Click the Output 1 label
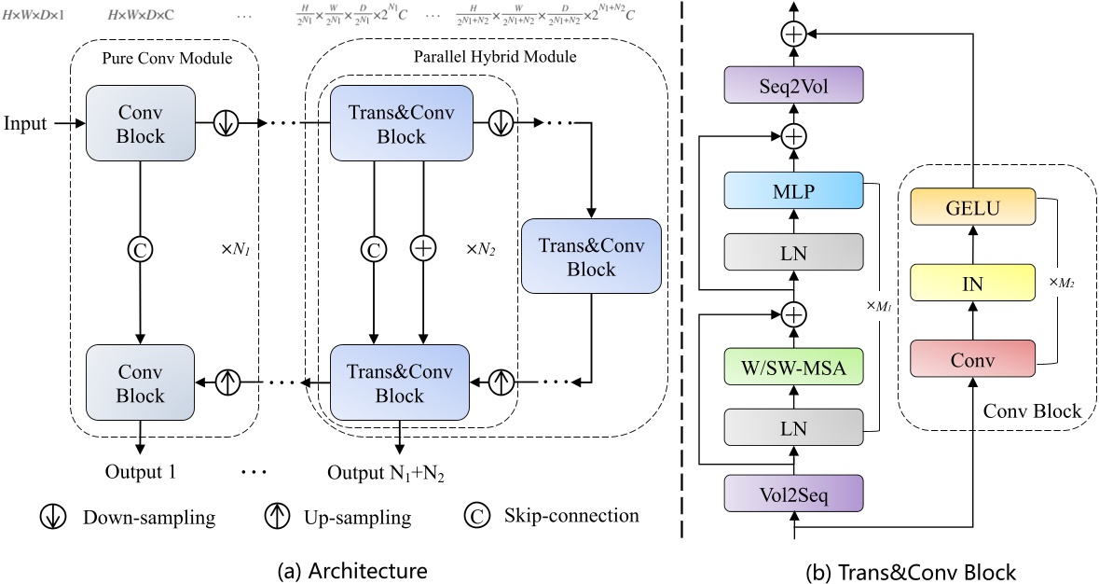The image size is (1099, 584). pyautogui.click(x=139, y=472)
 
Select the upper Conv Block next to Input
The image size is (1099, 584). pyautogui.click(x=140, y=124)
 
